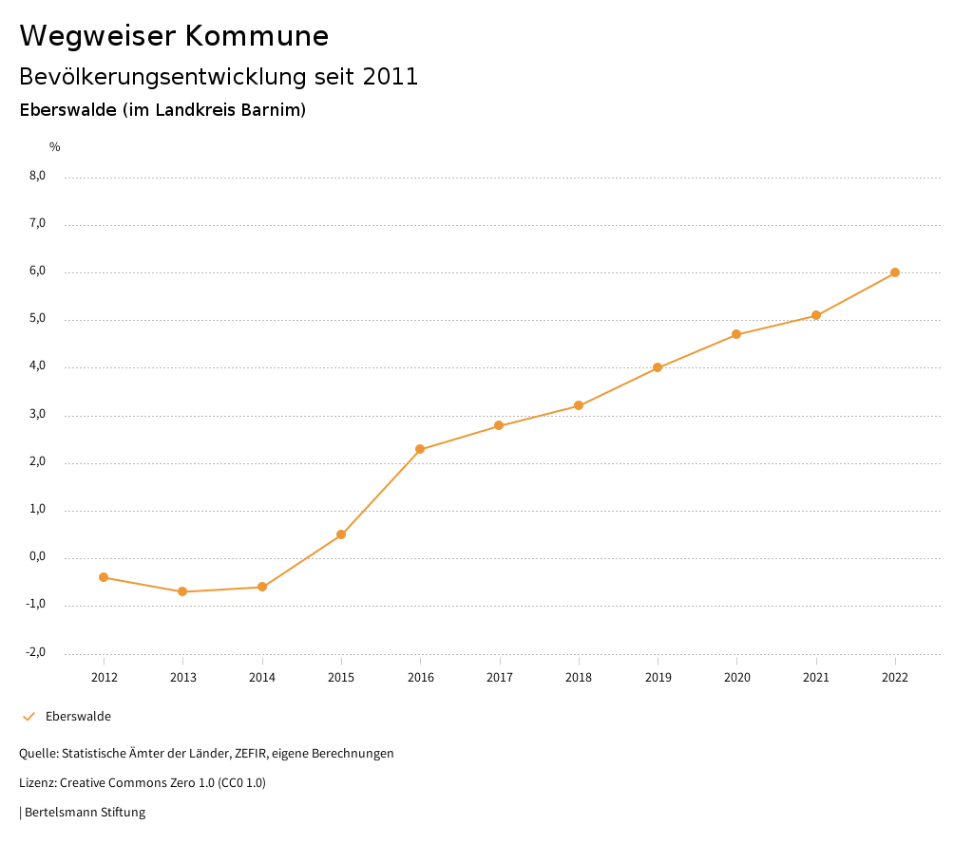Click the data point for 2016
(420, 449)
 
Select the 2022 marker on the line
(895, 272)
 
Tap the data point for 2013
(182, 591)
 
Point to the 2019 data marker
(658, 367)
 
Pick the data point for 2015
(341, 534)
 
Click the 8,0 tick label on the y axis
(37, 176)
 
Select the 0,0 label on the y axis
(37, 557)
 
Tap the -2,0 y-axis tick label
(35, 652)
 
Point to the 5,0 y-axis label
(37, 319)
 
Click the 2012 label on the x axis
(104, 677)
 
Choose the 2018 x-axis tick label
(579, 677)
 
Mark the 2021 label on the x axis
(816, 677)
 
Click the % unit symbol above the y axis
(55, 147)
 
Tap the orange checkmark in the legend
(29, 717)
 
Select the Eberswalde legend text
(78, 717)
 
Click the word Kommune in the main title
(257, 36)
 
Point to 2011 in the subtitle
(391, 77)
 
